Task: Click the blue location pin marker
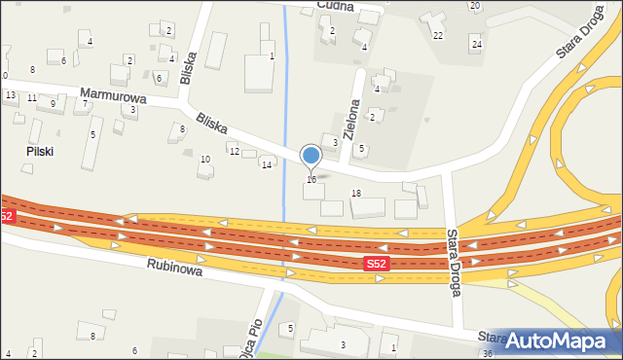coord(311,156)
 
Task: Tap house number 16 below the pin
coord(311,179)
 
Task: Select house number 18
coord(356,194)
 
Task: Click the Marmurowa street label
coord(113,96)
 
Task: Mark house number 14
coord(266,164)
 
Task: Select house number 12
coord(234,151)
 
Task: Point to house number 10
coord(204,159)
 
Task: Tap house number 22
coord(438,35)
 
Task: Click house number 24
coord(476,44)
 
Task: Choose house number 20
coord(474,6)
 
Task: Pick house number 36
coord(487,353)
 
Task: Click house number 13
coord(10,94)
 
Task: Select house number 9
coord(53,103)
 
